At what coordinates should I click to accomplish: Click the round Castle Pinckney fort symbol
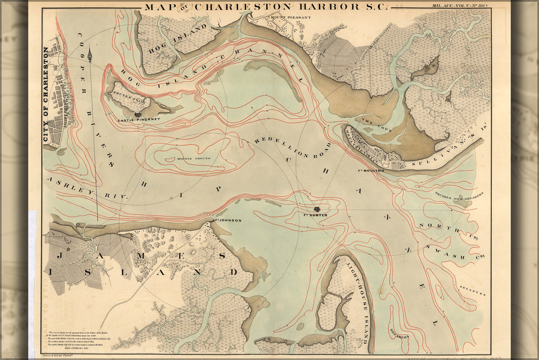tap(138, 114)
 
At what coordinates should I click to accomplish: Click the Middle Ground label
tap(194, 158)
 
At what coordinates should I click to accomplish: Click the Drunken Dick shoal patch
tap(462, 203)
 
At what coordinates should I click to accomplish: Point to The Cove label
tap(370, 121)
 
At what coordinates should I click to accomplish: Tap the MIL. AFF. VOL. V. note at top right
tap(461, 6)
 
